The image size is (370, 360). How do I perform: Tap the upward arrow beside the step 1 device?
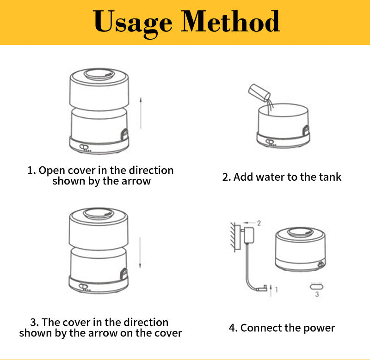(x=141, y=113)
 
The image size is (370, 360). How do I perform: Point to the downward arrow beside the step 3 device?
(x=140, y=253)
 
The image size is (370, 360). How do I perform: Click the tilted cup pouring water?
(x=259, y=92)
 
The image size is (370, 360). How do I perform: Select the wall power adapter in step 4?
(x=249, y=235)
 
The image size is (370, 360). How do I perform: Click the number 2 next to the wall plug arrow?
(x=259, y=223)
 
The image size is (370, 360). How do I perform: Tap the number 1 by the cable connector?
(x=276, y=289)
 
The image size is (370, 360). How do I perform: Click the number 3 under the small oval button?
(x=317, y=294)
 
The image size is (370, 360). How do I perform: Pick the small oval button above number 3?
(x=317, y=287)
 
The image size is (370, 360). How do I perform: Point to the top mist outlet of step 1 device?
(x=99, y=74)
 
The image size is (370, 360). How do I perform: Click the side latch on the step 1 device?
(x=124, y=135)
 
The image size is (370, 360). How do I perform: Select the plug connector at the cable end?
(x=262, y=288)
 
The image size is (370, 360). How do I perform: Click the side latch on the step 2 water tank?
(x=306, y=130)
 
